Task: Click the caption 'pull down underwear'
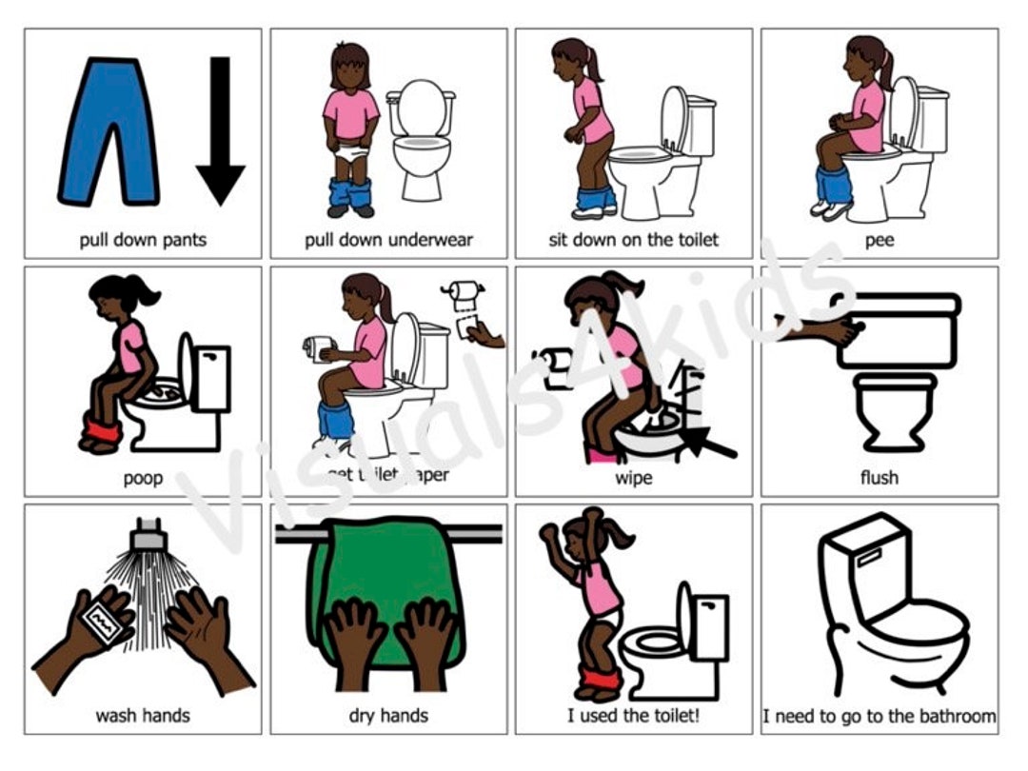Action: [388, 240]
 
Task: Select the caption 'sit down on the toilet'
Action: [633, 240]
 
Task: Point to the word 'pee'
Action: [879, 240]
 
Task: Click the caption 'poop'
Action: [142, 478]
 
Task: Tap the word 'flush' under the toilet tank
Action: [879, 478]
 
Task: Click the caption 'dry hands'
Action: [388, 715]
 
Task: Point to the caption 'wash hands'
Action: [142, 715]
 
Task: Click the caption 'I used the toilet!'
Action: [633, 715]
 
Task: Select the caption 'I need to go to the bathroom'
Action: [879, 715]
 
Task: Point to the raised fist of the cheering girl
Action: [549, 531]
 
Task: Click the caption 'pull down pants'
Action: [142, 240]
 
